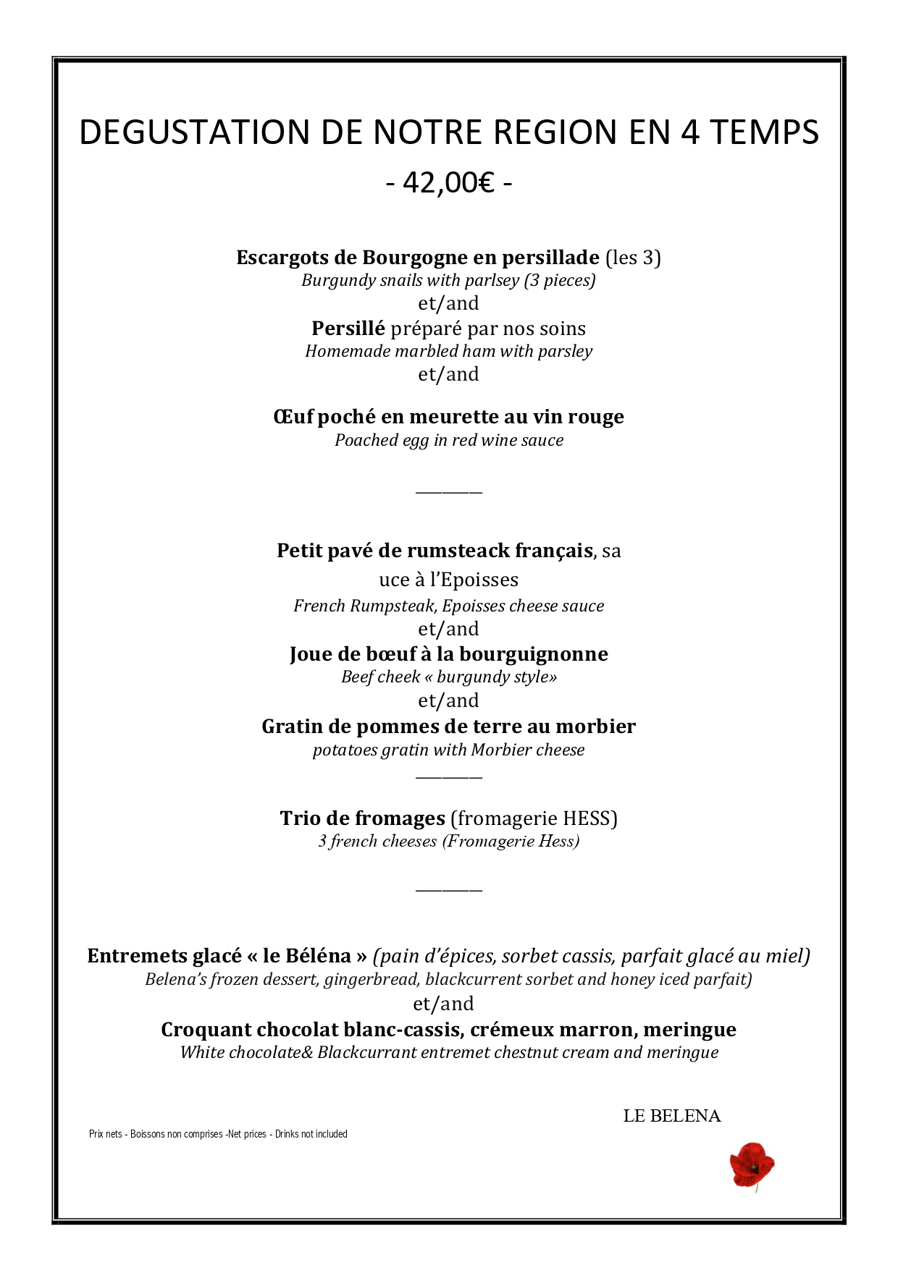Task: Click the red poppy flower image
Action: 752,1165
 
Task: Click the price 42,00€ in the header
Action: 448,184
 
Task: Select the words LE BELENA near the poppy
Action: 671,1116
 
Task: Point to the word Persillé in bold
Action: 348,329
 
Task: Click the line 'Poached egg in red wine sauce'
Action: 448,440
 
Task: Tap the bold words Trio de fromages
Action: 362,818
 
